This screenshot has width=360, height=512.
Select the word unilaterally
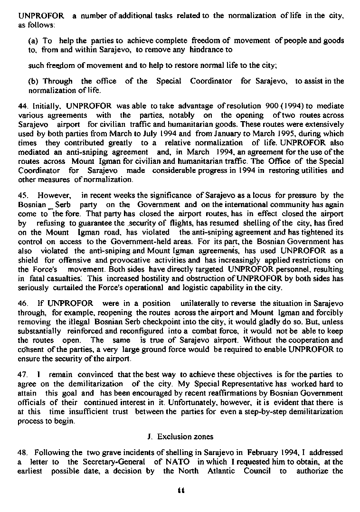pyautogui.click(x=200, y=303)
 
